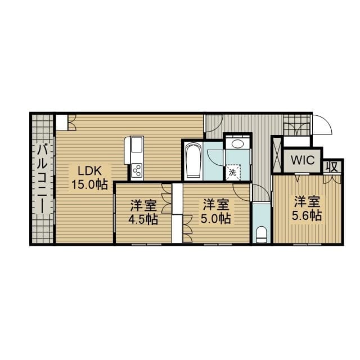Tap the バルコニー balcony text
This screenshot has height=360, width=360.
(43, 179)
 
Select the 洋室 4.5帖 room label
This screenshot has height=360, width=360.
(143, 212)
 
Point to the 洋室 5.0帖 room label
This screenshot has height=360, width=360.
(216, 211)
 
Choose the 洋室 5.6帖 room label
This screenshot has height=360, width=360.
(307, 208)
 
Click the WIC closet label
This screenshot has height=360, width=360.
(303, 160)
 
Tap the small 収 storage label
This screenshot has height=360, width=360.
(333, 166)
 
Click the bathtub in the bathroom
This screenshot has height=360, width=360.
(193, 160)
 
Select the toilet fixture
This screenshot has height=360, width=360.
(261, 235)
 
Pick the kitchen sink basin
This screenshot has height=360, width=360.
(137, 145)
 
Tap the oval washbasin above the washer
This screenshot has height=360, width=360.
(237, 144)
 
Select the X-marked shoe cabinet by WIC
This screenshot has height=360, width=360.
(277, 154)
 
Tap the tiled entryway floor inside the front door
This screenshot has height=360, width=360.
(296, 125)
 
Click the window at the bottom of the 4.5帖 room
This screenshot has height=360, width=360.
(146, 245)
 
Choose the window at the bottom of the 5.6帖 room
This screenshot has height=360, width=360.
(307, 245)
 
